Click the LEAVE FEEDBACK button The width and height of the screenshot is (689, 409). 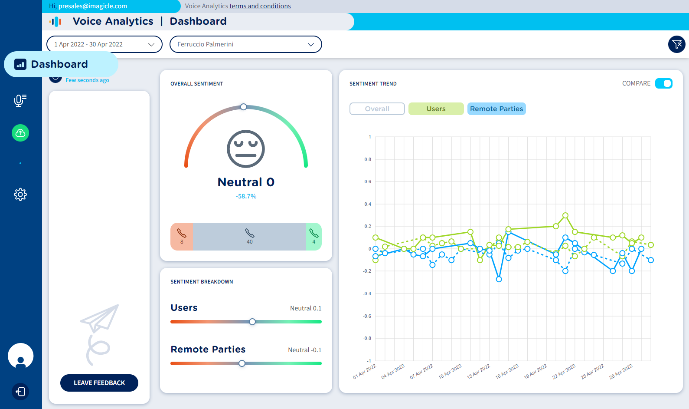[99, 383]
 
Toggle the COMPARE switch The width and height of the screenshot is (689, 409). [663, 83]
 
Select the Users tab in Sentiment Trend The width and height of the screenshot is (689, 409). [436, 109]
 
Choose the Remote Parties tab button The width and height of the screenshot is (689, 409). [496, 109]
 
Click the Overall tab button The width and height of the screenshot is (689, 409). [377, 109]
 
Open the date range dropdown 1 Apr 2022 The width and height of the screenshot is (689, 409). [104, 44]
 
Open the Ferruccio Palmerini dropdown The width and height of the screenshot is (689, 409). [245, 44]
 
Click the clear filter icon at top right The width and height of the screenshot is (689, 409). [676, 44]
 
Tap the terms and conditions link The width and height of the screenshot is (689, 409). [260, 6]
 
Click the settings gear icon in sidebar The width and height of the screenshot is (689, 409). [20, 194]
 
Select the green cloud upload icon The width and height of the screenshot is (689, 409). [20, 133]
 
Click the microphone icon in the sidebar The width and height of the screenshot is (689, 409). [20, 100]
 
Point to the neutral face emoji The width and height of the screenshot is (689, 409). [246, 149]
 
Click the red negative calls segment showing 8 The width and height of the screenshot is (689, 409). [182, 237]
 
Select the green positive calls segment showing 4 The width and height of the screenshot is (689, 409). [314, 237]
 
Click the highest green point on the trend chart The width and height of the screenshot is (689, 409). [565, 215]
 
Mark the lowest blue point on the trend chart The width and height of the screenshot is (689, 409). [499, 279]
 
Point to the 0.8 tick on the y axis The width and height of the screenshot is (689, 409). [368, 159]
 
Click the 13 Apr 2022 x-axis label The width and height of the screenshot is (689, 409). [478, 372]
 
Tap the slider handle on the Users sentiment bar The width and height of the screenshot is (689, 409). [252, 322]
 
